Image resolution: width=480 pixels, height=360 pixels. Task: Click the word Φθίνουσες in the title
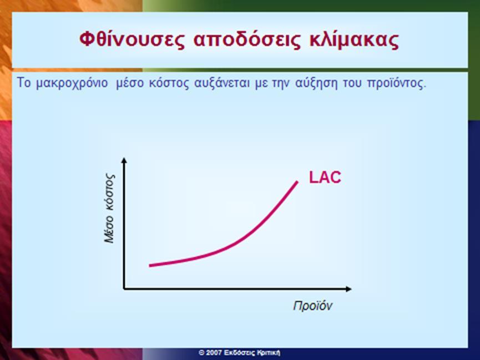132,40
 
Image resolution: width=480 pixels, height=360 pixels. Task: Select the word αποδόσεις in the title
247,40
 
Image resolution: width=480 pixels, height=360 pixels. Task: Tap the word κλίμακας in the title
354,40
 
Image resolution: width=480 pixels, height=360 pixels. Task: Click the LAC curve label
325,178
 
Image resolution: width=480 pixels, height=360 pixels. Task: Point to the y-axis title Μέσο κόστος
109,209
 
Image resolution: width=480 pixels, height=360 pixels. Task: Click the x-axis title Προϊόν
312,306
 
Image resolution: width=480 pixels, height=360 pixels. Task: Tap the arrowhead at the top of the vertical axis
124,160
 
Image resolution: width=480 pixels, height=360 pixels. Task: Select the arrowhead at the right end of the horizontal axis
348,288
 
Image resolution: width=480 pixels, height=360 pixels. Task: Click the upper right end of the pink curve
297,182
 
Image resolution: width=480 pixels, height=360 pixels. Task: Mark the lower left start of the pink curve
150,265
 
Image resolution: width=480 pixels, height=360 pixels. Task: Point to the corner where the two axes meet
124,288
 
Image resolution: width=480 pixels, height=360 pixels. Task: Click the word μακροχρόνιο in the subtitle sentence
72,83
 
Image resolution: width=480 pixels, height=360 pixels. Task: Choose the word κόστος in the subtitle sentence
169,83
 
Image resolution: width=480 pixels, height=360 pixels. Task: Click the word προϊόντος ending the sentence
396,83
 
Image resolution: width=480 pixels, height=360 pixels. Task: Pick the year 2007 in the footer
214,353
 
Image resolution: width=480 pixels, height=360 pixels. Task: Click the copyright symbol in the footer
201,353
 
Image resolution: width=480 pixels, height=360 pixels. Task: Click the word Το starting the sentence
23,83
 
